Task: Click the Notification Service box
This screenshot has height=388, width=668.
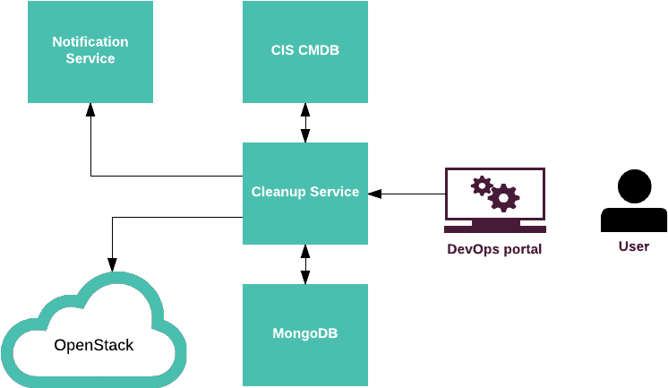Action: coord(90,52)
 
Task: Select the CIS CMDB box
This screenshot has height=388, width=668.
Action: coord(305,52)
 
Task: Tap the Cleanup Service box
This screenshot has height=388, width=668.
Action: coord(305,193)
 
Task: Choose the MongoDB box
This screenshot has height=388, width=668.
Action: coord(305,333)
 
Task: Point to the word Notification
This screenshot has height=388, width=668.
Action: coord(90,42)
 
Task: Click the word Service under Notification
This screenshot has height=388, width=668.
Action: coord(90,59)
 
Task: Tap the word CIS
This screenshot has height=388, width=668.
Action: coord(283,50)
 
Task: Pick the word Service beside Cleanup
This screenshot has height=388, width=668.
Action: coord(334,192)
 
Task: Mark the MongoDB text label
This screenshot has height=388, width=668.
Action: coord(305,333)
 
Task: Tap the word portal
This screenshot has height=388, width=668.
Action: coord(521,250)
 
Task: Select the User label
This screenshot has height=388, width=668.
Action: coord(634,246)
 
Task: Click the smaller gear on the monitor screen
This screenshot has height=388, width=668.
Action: coord(482,185)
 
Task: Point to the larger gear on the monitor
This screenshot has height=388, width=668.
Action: coord(504,197)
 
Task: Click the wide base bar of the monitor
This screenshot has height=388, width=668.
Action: coord(495,229)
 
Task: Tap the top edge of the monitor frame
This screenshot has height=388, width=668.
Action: coord(495,169)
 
